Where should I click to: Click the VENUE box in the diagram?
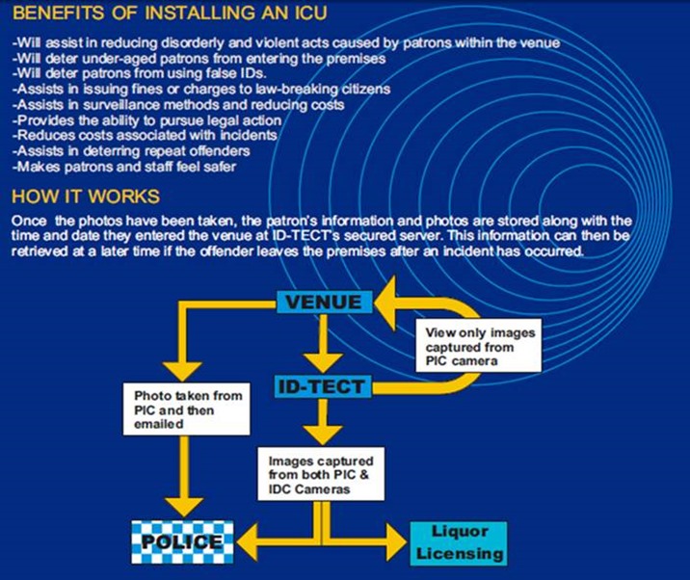323,302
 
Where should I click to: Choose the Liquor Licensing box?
459,543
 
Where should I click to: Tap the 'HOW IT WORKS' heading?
86,197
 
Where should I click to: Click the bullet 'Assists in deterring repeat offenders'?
131,150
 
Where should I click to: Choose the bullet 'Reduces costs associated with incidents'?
145,135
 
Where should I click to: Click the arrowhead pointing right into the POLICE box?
246,539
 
